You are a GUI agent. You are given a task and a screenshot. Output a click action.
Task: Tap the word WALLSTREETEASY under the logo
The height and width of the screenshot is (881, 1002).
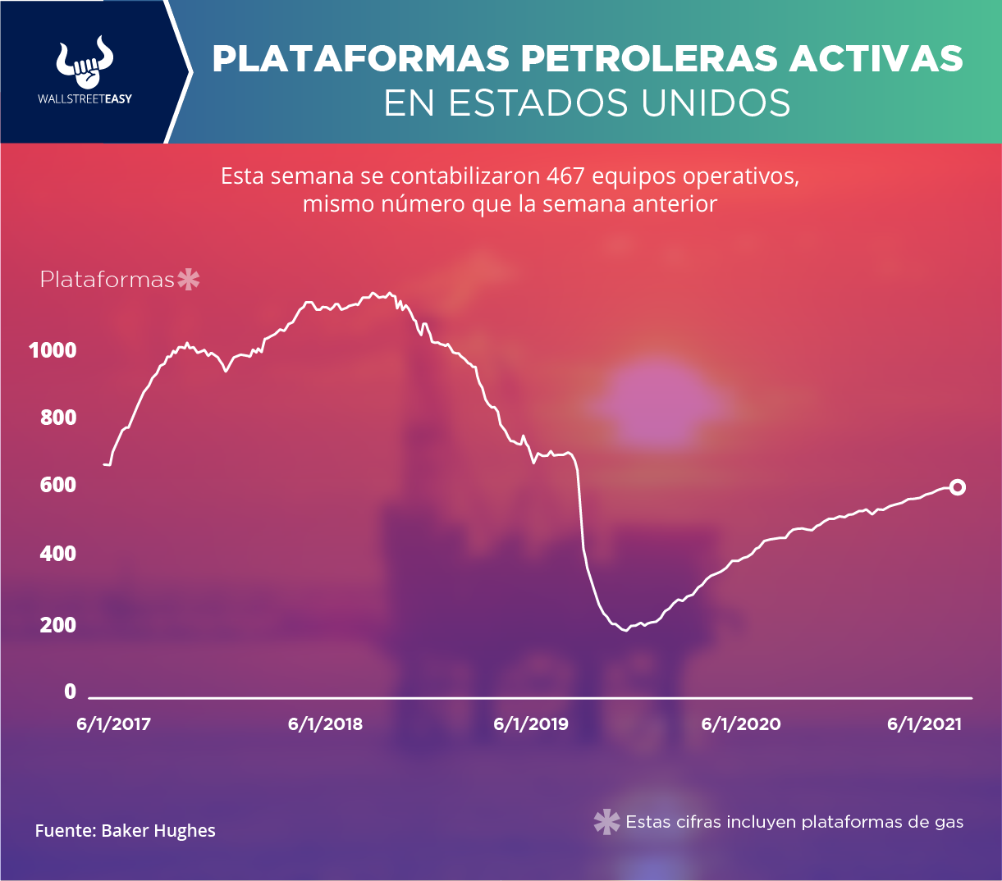[x=85, y=98]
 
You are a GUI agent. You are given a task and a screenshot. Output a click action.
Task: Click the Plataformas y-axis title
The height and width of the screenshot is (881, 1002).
[x=107, y=280]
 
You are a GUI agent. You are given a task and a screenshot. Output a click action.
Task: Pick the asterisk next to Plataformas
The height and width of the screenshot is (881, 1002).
[x=189, y=280]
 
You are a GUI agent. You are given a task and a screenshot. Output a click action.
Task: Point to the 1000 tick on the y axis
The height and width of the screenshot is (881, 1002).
[x=53, y=350]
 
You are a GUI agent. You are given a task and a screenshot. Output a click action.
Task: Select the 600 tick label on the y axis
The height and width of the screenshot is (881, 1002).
[x=58, y=486]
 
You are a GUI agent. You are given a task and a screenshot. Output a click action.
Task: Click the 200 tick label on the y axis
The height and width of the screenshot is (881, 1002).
[x=58, y=625]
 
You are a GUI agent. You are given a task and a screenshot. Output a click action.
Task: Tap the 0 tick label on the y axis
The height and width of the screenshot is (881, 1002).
[x=70, y=692]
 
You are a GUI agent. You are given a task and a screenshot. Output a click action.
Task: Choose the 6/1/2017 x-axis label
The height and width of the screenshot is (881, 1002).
[x=114, y=724]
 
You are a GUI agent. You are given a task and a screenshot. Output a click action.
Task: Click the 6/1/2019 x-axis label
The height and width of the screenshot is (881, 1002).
[x=530, y=724]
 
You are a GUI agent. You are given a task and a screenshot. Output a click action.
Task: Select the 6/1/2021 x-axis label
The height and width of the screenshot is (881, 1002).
[x=924, y=724]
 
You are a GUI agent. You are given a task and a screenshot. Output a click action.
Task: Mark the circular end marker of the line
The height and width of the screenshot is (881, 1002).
[x=957, y=487]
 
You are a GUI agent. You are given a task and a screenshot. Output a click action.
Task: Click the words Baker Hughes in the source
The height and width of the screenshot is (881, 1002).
[x=158, y=831]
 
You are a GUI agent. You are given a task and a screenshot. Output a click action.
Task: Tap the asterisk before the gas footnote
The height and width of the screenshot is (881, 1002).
[x=606, y=822]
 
